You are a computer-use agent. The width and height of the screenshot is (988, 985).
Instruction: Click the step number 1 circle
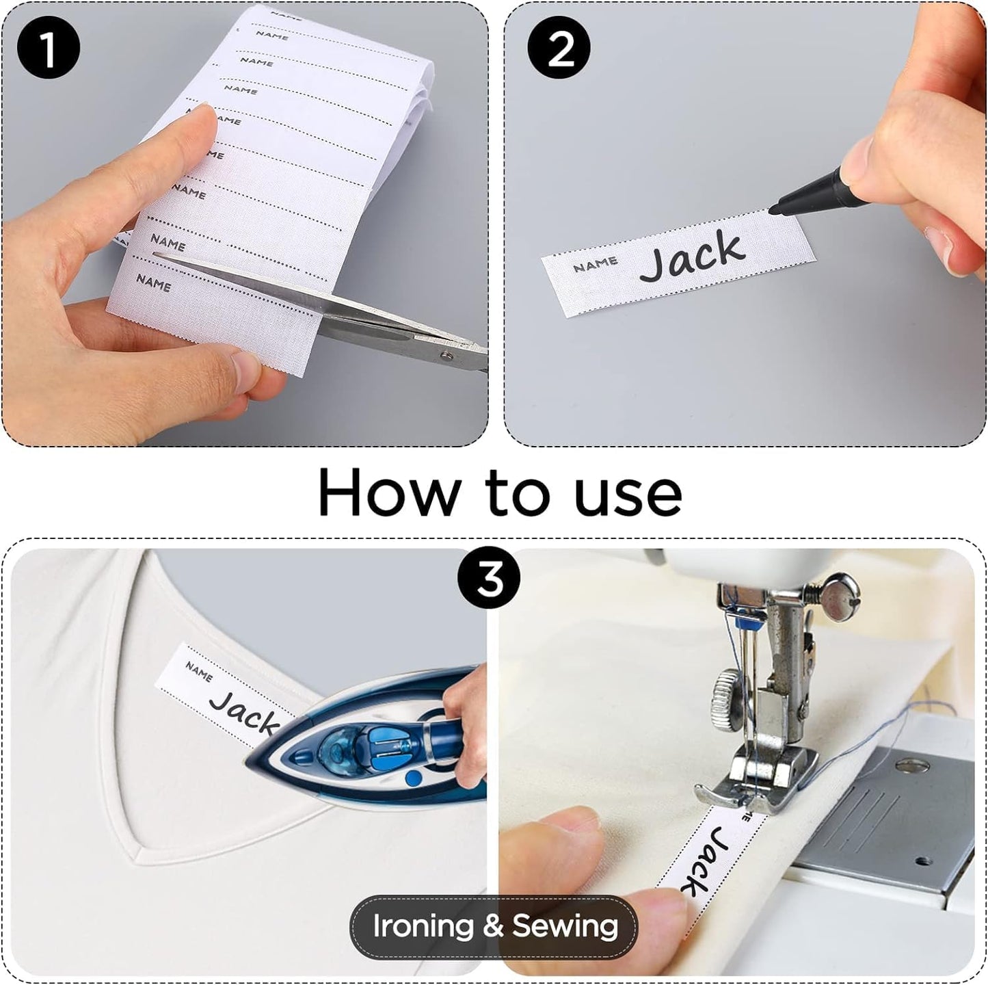pos(49,49)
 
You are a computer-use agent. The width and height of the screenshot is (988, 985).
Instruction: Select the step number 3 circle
pos(489,580)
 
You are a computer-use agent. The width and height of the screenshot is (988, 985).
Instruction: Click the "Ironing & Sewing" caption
pos(494,926)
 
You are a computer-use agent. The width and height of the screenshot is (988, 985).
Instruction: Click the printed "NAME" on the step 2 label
pos(595,264)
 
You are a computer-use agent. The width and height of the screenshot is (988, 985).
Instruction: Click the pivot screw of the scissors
pos(447,355)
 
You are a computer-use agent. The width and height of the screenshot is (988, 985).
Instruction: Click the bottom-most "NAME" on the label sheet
pos(154,283)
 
